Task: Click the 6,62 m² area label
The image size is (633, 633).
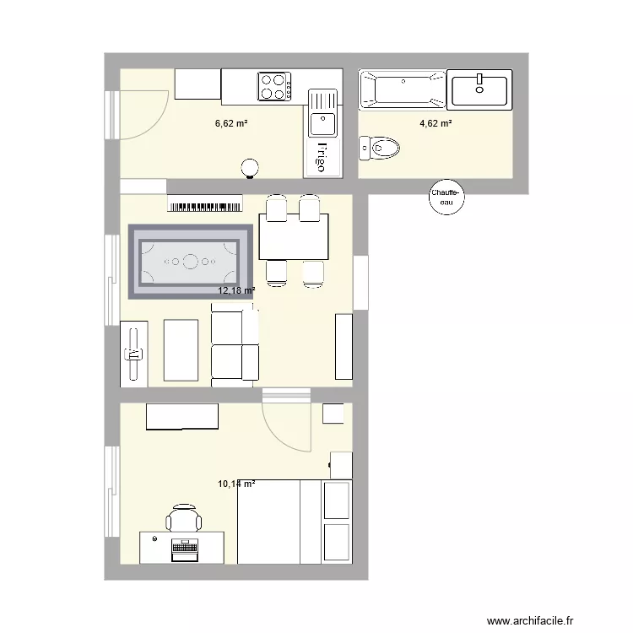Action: tap(230, 123)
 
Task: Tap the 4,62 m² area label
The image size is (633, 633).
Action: tap(436, 123)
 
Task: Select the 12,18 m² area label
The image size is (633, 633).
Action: tap(236, 290)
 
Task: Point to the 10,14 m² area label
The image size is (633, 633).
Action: tap(236, 484)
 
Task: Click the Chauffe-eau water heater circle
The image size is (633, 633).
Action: tap(445, 197)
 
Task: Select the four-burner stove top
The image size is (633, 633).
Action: tap(274, 86)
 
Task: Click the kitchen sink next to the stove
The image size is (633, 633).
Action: tap(322, 114)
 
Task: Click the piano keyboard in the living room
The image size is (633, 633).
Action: tap(205, 203)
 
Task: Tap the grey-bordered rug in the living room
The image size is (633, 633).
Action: tap(191, 261)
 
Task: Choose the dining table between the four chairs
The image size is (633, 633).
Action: tap(294, 236)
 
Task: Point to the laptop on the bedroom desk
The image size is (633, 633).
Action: tap(183, 549)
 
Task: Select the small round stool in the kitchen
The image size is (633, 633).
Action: tap(250, 167)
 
